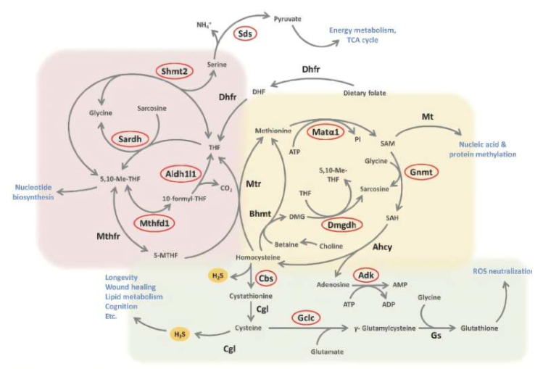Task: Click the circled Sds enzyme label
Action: point(246,33)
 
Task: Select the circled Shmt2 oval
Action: point(173,70)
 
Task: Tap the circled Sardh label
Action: point(130,137)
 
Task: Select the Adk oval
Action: point(367,275)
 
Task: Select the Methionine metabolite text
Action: point(273,130)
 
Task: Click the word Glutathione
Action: point(481,328)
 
